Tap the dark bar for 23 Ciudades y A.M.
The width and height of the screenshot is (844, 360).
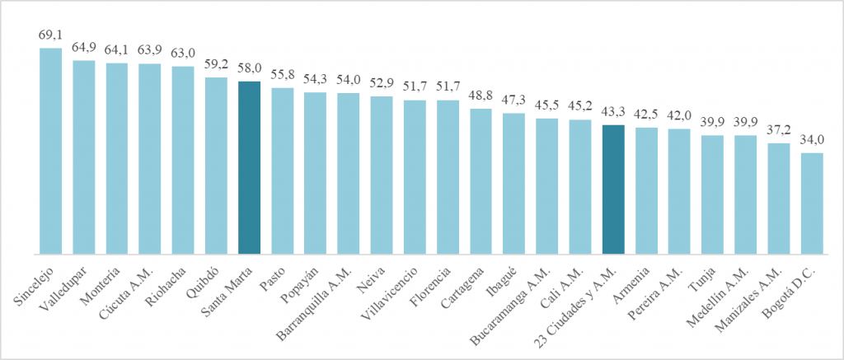[613, 189]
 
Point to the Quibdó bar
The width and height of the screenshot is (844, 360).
[216, 165]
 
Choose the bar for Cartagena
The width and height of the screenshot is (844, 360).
[481, 180]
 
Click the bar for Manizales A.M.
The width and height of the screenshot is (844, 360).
[779, 198]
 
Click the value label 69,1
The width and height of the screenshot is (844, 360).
[50, 35]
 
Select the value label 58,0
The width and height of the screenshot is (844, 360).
[249, 69]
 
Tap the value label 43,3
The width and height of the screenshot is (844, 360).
[613, 113]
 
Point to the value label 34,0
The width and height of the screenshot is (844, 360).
[812, 140]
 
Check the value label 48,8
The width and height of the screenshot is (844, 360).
[481, 96]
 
